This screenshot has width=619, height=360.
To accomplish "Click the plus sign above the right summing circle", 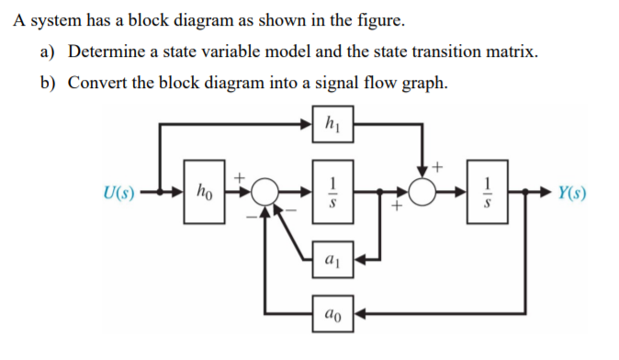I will (437, 168).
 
